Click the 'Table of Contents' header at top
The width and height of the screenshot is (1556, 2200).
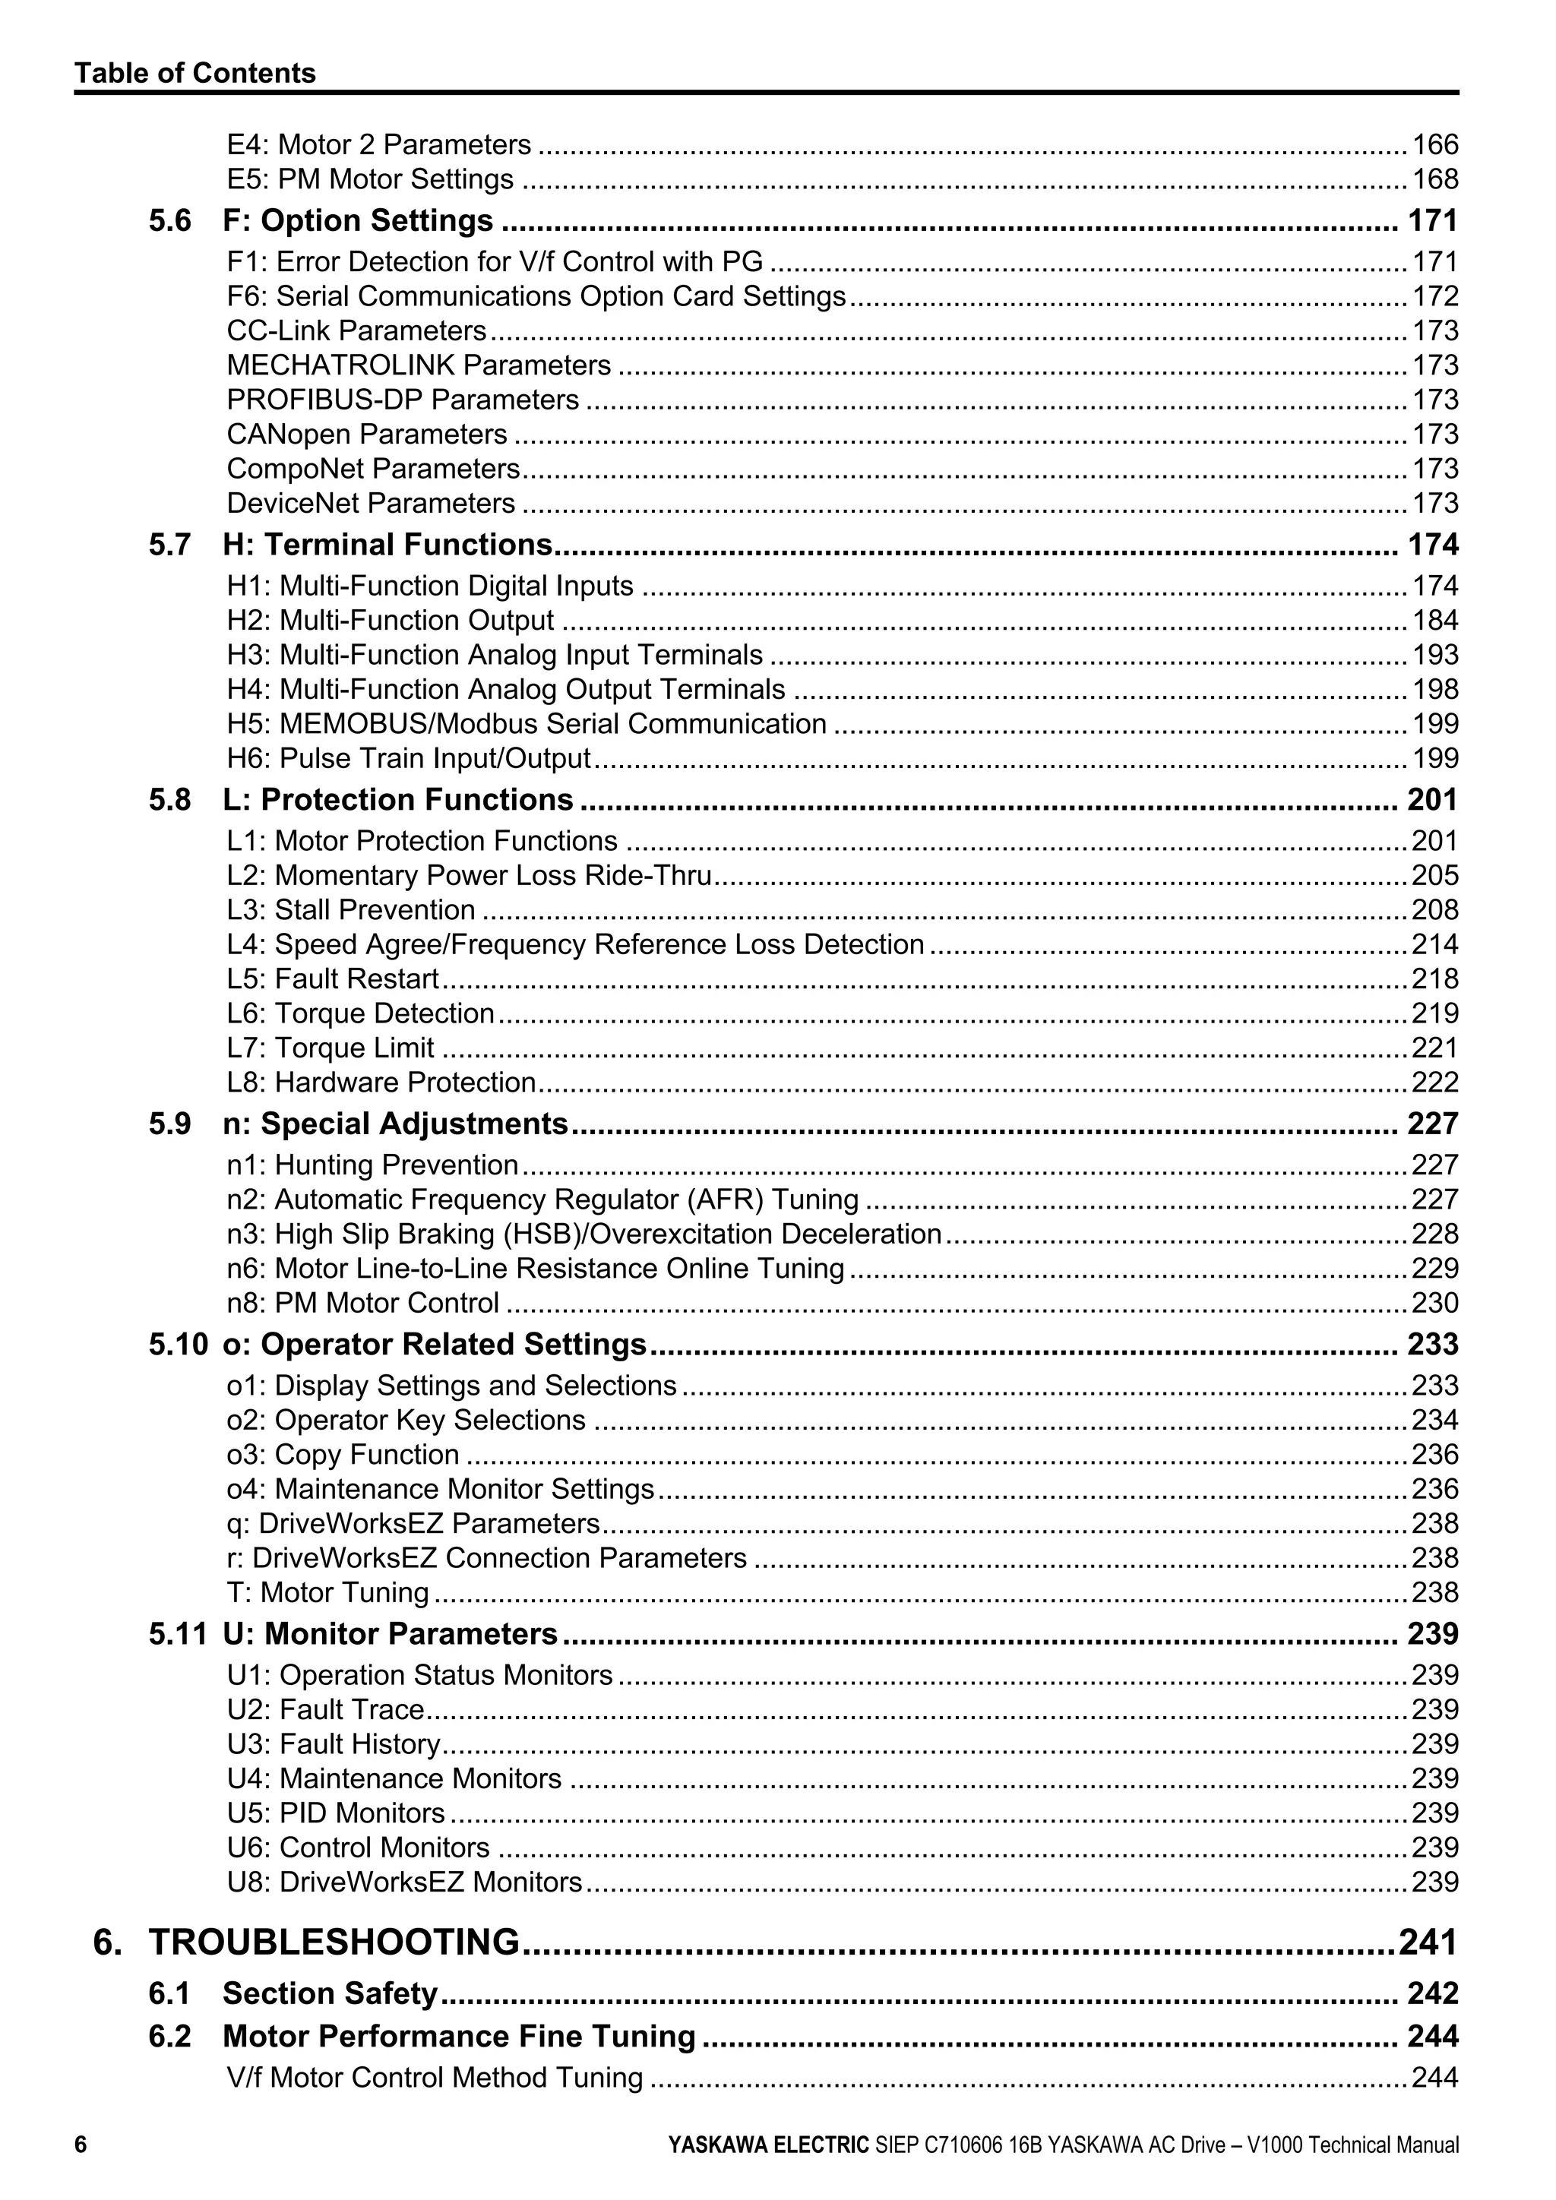click(x=194, y=74)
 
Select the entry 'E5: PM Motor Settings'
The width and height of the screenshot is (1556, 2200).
click(x=370, y=179)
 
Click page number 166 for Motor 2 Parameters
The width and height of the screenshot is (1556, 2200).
click(x=1434, y=144)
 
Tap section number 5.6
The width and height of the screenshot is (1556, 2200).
click(x=169, y=221)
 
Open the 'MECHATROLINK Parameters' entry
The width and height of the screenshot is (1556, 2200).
click(x=419, y=365)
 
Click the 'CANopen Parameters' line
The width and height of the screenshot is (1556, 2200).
click(x=367, y=434)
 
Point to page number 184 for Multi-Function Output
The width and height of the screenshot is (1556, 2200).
click(x=1434, y=620)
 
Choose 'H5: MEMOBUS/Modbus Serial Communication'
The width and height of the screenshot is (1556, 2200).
click(x=526, y=723)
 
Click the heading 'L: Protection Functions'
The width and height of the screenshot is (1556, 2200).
click(x=397, y=800)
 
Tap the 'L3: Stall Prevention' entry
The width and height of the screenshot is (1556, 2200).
click(x=351, y=909)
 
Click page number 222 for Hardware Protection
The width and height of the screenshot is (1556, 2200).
click(x=1434, y=1082)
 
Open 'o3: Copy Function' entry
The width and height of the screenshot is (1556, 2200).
click(x=343, y=1455)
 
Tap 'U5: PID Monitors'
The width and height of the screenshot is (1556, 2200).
click(x=335, y=1813)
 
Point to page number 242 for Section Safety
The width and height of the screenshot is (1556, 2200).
click(x=1432, y=1993)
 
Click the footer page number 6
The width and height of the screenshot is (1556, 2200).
click(x=81, y=2145)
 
